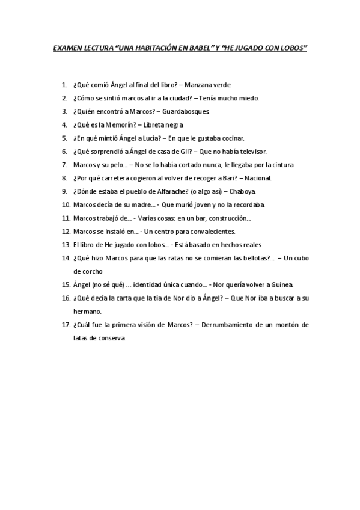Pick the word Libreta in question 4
151,124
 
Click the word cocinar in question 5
231,138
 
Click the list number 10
66,204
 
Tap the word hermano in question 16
87,312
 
